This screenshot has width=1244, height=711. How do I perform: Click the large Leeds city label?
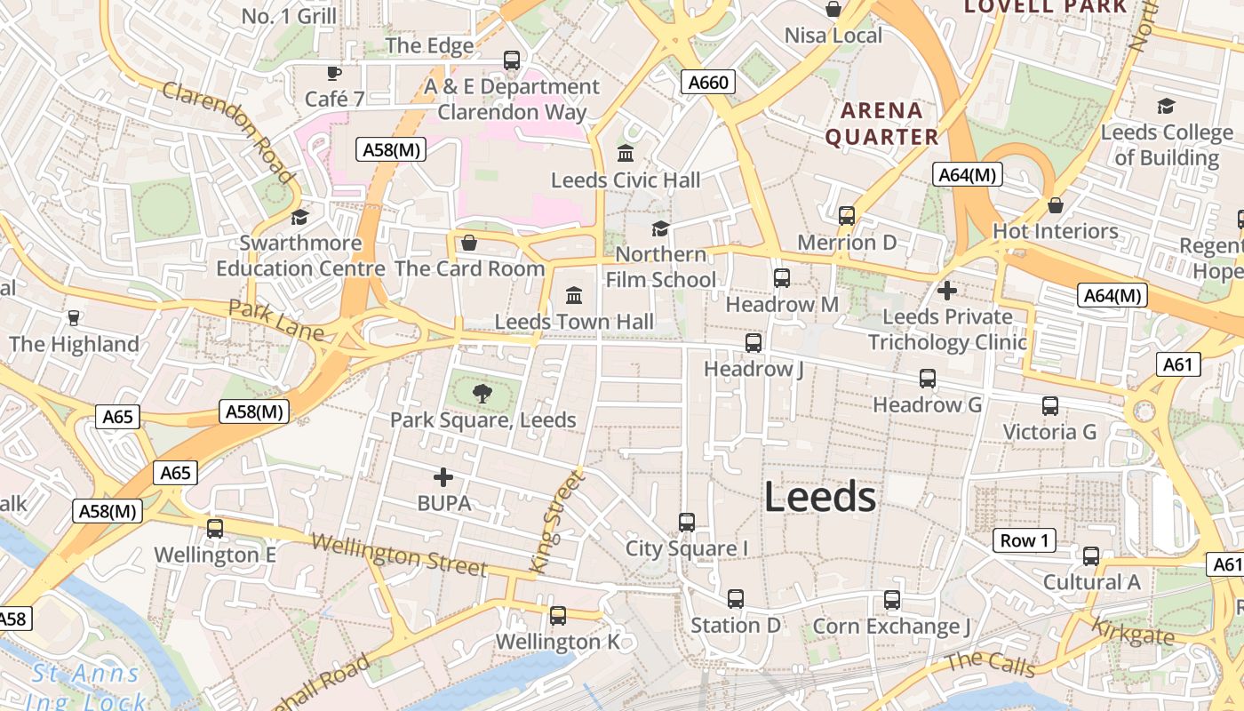click(820, 497)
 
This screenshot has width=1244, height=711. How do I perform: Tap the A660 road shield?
click(709, 83)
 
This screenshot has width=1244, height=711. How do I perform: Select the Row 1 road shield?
click(1024, 540)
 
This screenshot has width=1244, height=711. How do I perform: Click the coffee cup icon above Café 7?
click(334, 73)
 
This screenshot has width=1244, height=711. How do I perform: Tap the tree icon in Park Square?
click(482, 392)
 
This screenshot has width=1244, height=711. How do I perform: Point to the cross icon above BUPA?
click(443, 477)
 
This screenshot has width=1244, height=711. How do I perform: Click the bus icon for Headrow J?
click(754, 342)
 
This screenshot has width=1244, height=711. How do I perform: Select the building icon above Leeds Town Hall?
click(574, 294)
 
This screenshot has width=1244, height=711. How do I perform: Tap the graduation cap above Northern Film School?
click(660, 228)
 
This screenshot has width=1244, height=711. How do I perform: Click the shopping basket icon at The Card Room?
click(469, 242)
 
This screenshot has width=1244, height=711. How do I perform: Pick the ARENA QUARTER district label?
click(881, 124)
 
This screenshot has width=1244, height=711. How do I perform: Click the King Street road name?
click(556, 522)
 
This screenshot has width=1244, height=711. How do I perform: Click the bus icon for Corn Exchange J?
click(892, 600)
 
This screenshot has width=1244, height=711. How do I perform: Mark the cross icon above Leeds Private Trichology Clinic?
click(947, 290)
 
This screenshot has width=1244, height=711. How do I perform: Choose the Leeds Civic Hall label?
click(626, 180)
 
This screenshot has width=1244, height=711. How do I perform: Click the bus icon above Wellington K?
click(558, 615)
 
